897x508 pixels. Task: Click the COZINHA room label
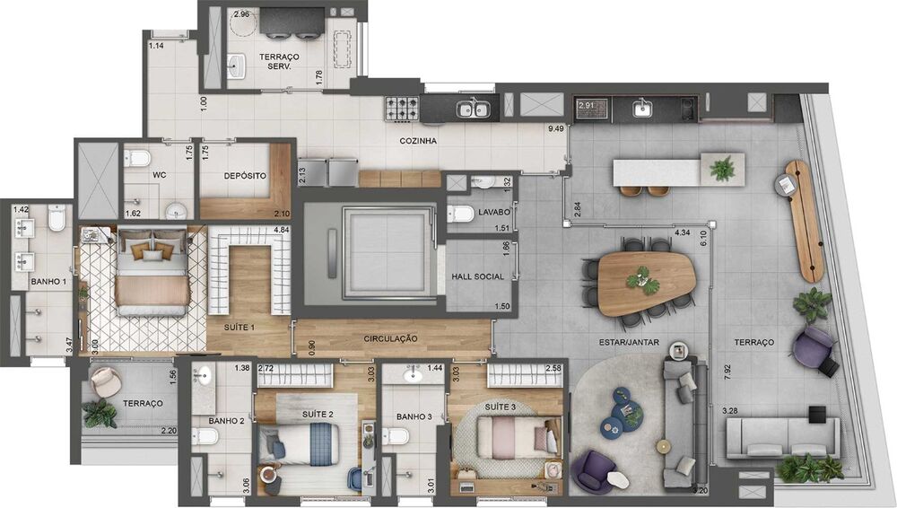[x=418, y=141]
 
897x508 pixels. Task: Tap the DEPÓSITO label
[x=245, y=176]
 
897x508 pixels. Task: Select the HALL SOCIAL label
[x=478, y=276]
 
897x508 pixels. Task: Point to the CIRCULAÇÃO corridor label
[x=391, y=339]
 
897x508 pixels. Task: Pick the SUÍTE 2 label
[x=318, y=414]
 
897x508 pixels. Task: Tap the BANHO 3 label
[x=414, y=416]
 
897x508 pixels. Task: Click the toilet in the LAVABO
[x=460, y=215]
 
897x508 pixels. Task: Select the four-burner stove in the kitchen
[x=402, y=109]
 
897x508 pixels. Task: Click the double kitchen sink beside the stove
[x=472, y=109]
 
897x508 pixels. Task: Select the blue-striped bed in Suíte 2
[x=300, y=444]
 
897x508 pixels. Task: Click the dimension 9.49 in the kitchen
[x=556, y=128]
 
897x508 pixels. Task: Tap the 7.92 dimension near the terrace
[x=727, y=372]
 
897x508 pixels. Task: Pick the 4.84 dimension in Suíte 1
[x=282, y=231]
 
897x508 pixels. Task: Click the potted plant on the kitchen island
[x=723, y=169]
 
